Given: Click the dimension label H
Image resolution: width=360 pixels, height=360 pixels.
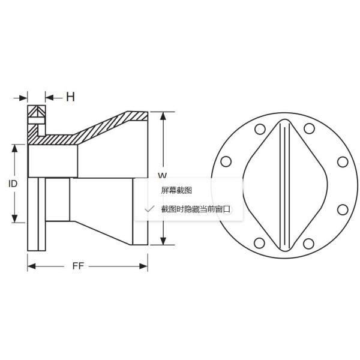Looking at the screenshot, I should [70, 97].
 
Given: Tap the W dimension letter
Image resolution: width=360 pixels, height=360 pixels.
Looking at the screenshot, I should [161, 175].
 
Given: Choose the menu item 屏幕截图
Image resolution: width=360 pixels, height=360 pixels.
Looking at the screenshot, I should [176, 190].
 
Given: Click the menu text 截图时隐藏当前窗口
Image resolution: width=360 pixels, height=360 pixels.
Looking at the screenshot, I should [196, 209].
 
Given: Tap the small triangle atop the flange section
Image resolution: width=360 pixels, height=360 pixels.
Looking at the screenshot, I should [36, 112].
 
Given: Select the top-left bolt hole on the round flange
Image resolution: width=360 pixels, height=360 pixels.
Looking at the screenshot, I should [260, 129].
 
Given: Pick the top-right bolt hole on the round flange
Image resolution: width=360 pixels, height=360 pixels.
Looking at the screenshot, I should [308, 129].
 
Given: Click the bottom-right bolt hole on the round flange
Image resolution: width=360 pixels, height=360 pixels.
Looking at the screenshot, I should [308, 242].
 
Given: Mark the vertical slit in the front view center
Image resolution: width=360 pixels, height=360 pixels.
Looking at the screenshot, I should [284, 185].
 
